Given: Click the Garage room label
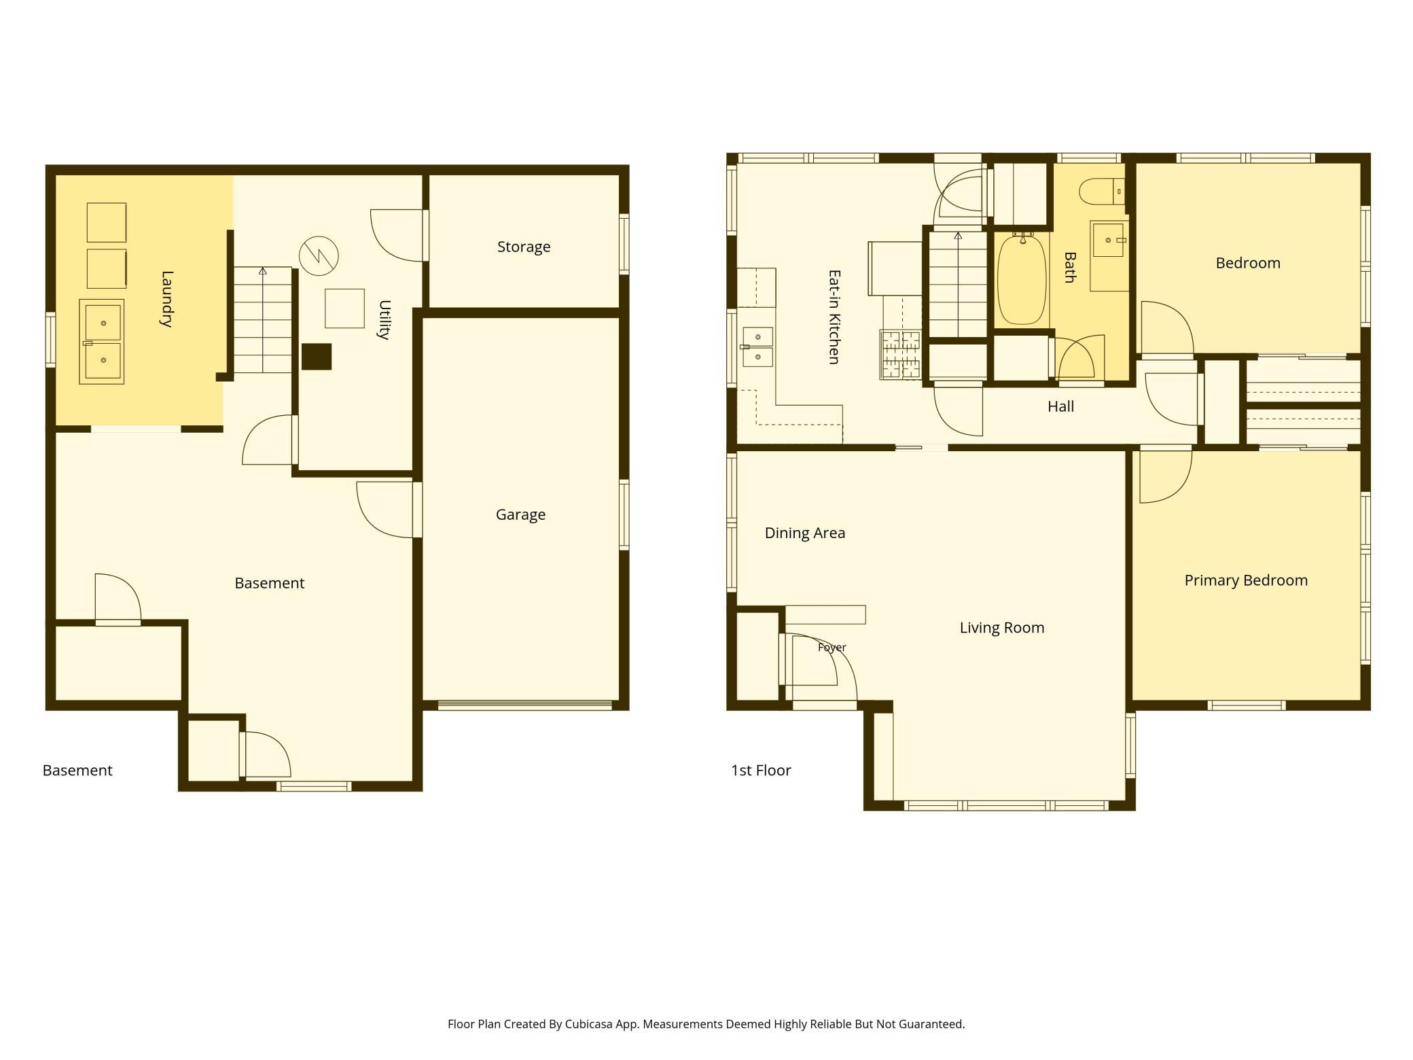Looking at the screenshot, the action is click(x=520, y=515).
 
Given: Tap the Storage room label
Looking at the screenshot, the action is click(x=524, y=247).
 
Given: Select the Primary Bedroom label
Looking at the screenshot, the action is click(x=1246, y=580).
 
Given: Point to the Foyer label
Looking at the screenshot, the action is click(x=832, y=648).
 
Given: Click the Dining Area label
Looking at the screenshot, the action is click(x=805, y=533).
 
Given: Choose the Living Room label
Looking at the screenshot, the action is click(x=1002, y=628).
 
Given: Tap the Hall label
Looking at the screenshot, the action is click(x=1060, y=406).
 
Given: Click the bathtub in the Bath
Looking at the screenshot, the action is click(x=1022, y=279).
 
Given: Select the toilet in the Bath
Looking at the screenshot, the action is click(x=1102, y=191).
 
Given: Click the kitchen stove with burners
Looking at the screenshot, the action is click(x=901, y=354).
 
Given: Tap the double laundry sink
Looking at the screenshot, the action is click(x=102, y=342).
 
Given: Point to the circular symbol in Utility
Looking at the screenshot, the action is click(x=319, y=255).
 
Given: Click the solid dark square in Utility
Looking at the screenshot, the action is click(x=317, y=357).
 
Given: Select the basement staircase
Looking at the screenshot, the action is click(x=263, y=319).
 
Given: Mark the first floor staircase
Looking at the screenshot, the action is click(x=958, y=284).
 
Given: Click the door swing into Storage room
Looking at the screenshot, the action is click(x=398, y=235).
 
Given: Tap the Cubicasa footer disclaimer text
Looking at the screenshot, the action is click(x=706, y=1024).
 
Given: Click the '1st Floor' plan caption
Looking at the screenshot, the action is click(x=761, y=771).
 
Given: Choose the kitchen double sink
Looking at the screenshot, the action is click(x=757, y=347).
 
